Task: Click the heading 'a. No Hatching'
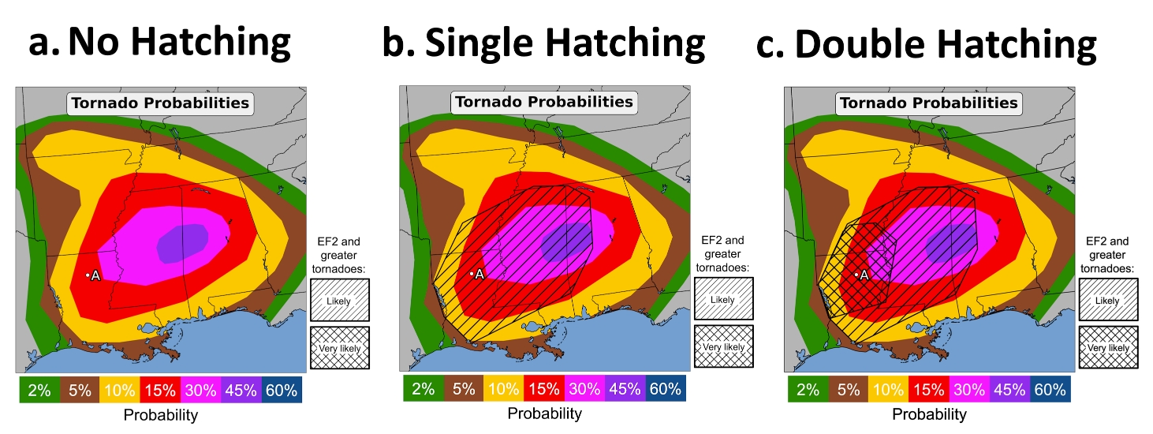(159, 43)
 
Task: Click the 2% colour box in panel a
(39, 390)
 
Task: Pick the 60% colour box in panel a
(282, 390)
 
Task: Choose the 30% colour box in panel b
(584, 388)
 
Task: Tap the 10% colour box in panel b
(504, 388)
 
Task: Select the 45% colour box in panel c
(1010, 389)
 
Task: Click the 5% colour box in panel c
(849, 389)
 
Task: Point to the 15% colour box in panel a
(161, 390)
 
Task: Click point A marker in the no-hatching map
(88, 275)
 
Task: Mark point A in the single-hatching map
(472, 274)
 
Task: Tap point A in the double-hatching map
(856, 275)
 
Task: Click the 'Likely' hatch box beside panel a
(340, 300)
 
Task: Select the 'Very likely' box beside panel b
(724, 346)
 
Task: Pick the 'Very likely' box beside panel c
(1108, 347)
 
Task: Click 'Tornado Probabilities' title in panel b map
(544, 102)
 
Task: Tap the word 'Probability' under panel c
(929, 414)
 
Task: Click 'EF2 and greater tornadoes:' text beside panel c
(1107, 255)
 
